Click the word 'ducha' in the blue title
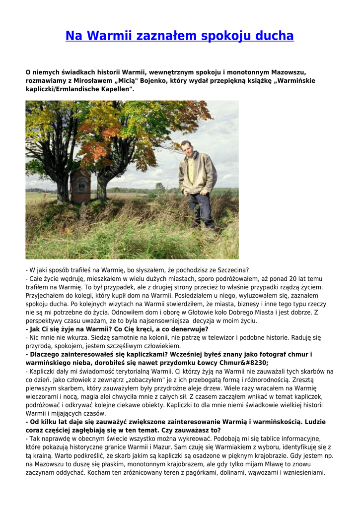click(274, 36)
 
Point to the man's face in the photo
click(187, 147)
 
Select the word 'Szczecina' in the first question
click(230, 270)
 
